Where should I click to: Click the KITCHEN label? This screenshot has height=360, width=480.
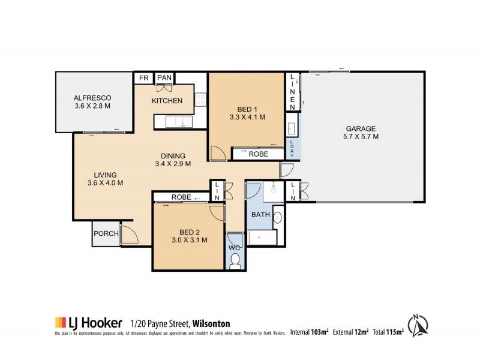[167, 101]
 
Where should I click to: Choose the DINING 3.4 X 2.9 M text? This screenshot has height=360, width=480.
[173, 160]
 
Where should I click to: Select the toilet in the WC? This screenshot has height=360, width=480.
[235, 260]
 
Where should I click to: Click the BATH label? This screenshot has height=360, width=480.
[260, 214]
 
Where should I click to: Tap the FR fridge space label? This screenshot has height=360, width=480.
[143, 78]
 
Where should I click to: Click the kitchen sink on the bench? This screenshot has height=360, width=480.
[179, 122]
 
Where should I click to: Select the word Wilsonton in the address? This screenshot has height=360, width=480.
[211, 323]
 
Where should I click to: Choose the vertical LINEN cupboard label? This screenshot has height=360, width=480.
[292, 91]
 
